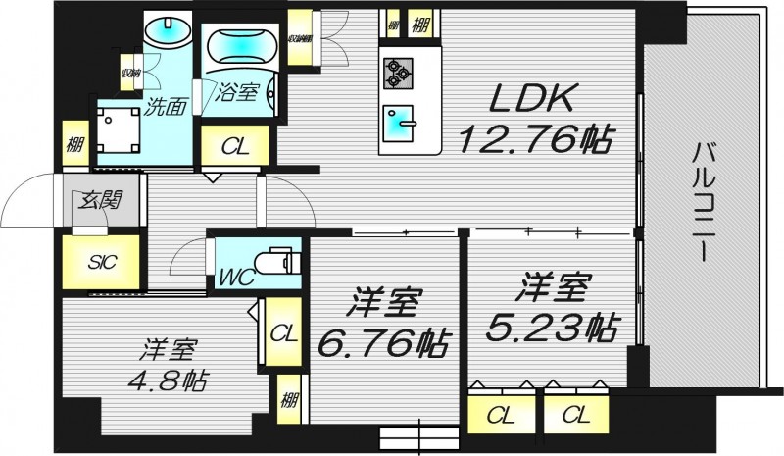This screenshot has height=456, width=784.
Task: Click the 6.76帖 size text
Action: point(384,343)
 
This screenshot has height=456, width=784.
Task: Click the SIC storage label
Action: point(100,262)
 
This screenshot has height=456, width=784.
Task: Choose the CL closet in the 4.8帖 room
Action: point(282,333)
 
